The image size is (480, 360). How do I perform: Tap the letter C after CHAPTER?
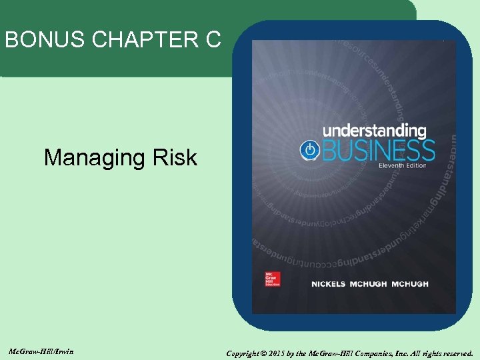click(213, 41)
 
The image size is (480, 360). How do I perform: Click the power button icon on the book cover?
click(309, 150)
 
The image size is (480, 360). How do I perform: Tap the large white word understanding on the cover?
click(374, 131)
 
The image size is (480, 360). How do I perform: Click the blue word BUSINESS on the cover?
click(378, 150)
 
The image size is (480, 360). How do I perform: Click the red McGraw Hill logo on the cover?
click(272, 278)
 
